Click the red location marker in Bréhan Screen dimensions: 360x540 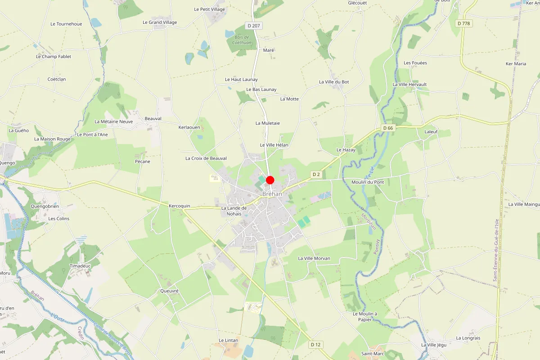pos(270,180)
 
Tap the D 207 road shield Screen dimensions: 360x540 pos(254,26)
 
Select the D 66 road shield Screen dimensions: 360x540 pos(388,128)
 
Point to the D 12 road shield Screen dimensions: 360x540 pos(316,344)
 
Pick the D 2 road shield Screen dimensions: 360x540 pos(316,174)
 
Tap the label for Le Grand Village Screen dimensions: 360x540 pos(160,22)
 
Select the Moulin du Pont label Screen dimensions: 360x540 pos(368,182)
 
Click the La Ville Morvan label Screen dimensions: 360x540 pos(314,258)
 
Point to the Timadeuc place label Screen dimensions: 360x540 pos(81,266)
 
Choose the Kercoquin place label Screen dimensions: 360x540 pos(180,206)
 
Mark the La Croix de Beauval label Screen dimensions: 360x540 pos(206,158)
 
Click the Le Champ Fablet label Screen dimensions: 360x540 pos(54,57)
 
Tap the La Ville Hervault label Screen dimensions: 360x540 pos(409,85)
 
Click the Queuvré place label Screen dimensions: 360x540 pos(169,291)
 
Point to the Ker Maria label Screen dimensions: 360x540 pos(516,64)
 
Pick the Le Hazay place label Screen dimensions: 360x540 pos(346,150)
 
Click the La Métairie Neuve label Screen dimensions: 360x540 pos(114,121)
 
